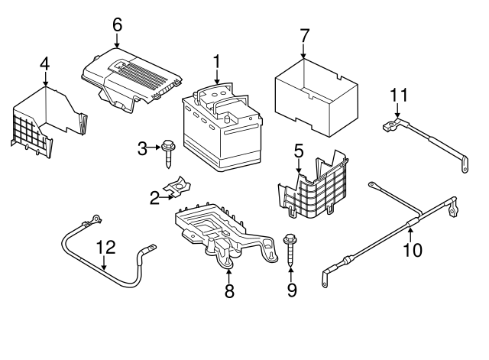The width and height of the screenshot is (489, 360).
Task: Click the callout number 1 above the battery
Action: pos(216,61)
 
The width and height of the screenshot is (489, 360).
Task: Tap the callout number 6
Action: pos(117,24)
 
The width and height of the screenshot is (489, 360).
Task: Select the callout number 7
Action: pos(304,36)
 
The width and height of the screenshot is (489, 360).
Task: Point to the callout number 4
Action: pos(45,64)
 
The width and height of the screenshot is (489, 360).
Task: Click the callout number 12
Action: pos(105,248)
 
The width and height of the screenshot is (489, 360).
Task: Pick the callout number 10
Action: pos(413,250)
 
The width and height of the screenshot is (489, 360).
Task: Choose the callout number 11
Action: pos(399,95)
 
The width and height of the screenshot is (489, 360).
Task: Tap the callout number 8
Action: pos(229,291)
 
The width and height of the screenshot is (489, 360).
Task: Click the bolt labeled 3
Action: pos(168,154)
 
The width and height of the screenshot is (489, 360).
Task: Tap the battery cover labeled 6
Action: pos(131,80)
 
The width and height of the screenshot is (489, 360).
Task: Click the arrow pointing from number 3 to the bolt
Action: pos(154,148)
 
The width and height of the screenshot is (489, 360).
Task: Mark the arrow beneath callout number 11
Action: pos(397,110)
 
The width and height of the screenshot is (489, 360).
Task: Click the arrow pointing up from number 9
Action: pos(290,274)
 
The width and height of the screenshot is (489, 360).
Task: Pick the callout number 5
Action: pos(299,151)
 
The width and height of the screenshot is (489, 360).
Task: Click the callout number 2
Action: pos(154,198)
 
